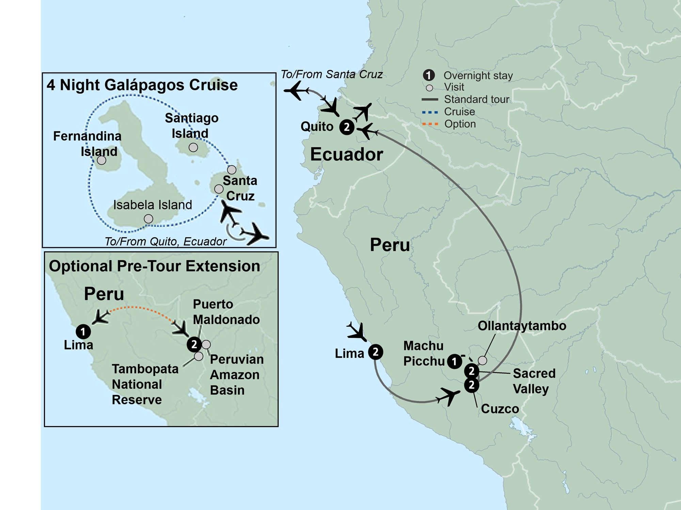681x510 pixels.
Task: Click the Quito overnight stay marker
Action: (347, 127)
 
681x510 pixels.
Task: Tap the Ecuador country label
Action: (346, 155)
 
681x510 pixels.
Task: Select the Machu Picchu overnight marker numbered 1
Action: (454, 361)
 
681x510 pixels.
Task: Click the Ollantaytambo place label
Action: (522, 326)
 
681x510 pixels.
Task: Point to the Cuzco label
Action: (500, 409)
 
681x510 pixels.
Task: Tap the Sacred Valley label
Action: (534, 381)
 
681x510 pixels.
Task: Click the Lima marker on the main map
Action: (375, 352)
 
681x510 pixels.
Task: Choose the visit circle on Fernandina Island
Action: (101, 160)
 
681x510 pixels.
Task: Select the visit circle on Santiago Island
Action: (193, 148)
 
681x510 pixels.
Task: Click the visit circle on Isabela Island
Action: (148, 219)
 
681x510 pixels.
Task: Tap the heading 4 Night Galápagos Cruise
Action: (142, 85)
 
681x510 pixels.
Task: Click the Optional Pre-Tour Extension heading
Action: (154, 266)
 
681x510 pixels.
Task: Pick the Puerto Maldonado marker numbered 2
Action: (194, 344)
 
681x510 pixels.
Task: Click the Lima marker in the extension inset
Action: (83, 331)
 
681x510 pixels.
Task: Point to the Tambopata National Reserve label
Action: (145, 384)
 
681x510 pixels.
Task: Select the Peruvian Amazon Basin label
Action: (237, 374)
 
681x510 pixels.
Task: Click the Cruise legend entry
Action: (459, 112)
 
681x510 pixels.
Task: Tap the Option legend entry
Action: (460, 124)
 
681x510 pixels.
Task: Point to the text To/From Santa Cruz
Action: (331, 74)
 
